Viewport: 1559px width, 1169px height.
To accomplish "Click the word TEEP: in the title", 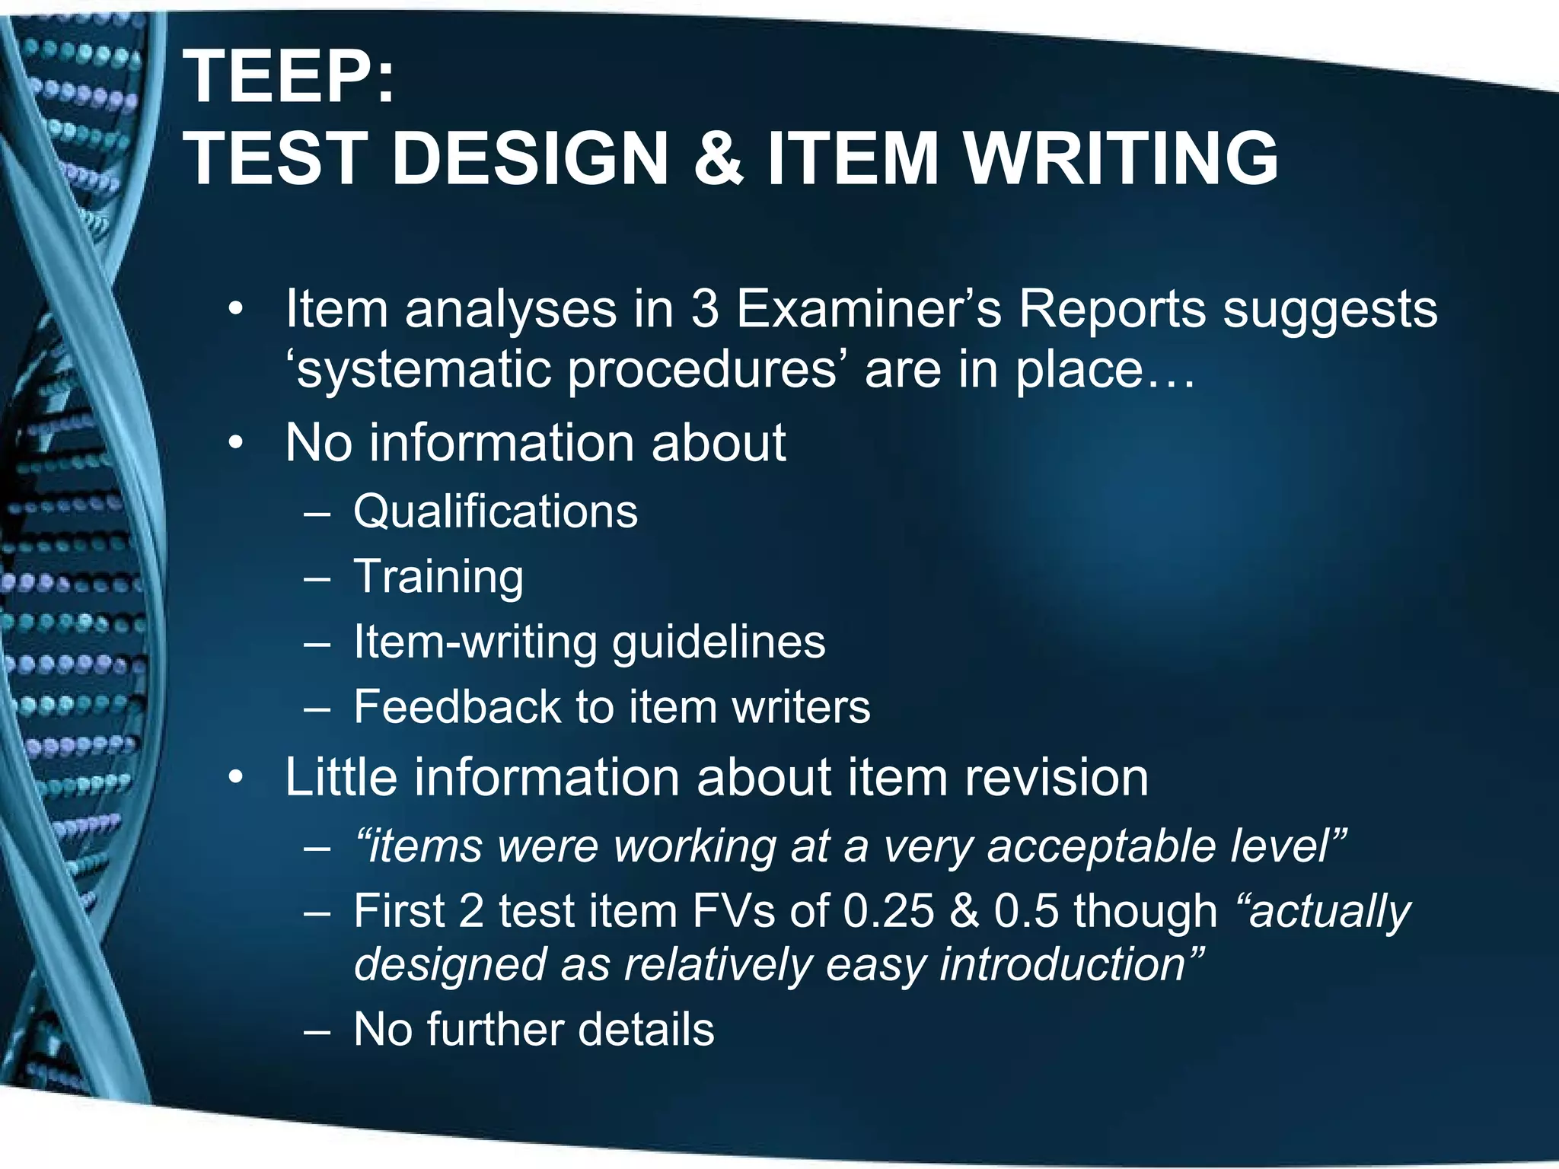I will [x=289, y=78].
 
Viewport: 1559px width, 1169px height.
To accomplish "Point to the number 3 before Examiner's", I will [x=705, y=310].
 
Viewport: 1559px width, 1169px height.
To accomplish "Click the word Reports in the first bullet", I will [x=1112, y=310].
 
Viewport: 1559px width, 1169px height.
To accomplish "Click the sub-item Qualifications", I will [x=496, y=511].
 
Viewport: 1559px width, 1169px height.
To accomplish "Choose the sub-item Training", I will [x=438, y=577].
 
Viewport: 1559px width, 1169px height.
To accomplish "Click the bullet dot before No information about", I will [x=237, y=443].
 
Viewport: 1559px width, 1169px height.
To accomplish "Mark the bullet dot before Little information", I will [x=237, y=778].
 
